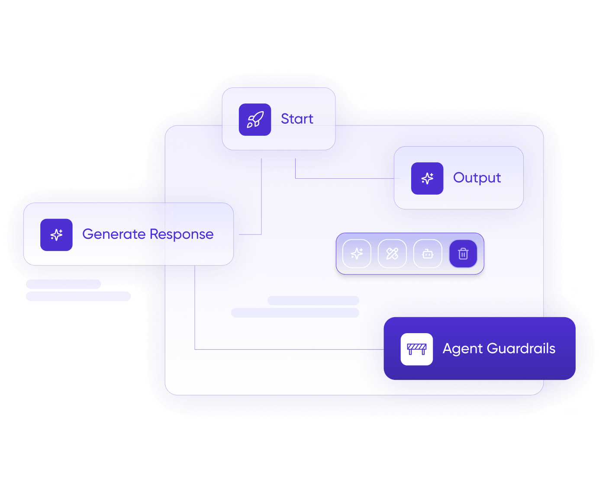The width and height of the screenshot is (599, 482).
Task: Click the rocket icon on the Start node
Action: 254,120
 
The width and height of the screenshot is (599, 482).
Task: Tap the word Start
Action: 297,119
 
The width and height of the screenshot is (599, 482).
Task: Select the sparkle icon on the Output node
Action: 427,178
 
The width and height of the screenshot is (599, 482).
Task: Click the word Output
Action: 477,178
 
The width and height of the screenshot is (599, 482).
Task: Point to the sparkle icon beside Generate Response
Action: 56,235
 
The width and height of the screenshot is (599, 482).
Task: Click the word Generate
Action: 114,234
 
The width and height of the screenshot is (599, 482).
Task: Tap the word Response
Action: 181,235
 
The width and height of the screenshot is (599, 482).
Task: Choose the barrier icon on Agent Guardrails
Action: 416,349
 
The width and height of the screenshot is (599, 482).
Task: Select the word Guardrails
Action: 521,348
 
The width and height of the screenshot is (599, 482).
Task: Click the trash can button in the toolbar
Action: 463,254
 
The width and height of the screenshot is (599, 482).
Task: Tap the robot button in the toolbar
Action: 428,254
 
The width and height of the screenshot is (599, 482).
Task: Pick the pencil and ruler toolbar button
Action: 392,254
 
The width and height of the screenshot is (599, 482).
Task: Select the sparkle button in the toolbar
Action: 357,254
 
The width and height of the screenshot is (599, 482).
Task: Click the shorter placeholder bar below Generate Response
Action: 63,284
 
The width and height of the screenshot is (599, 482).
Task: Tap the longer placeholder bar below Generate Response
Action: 78,296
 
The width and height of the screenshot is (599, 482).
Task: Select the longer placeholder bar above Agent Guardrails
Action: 295,312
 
